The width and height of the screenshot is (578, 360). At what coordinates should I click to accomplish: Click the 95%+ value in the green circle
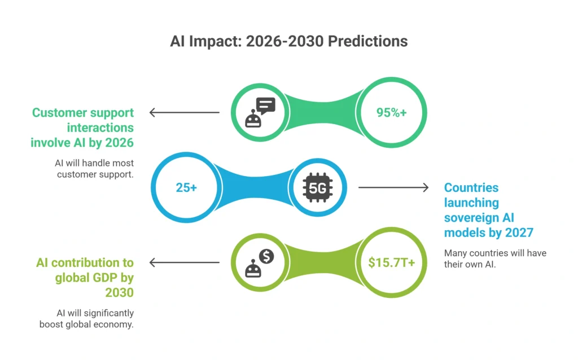(x=392, y=112)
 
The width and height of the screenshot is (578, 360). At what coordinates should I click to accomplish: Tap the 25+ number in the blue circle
(x=186, y=187)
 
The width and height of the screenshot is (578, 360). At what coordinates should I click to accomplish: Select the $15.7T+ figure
(x=392, y=262)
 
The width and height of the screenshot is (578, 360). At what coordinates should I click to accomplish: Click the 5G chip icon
(x=318, y=187)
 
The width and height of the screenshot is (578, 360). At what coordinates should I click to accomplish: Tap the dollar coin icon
(x=266, y=256)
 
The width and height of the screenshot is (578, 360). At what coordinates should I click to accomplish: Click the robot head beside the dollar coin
(x=253, y=269)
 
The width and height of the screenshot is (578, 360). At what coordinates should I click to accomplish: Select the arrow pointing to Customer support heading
(x=185, y=112)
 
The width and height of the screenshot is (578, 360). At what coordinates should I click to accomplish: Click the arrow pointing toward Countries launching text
(x=393, y=187)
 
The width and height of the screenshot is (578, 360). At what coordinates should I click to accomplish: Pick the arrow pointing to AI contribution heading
(x=185, y=262)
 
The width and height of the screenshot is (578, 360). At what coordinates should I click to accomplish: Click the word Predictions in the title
(x=368, y=41)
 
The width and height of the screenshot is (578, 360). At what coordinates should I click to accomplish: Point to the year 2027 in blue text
(x=519, y=232)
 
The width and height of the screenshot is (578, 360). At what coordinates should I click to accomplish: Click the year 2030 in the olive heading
(x=120, y=292)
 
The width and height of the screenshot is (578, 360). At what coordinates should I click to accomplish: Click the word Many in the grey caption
(x=455, y=253)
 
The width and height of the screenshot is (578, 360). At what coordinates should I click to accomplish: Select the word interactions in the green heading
(x=100, y=128)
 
